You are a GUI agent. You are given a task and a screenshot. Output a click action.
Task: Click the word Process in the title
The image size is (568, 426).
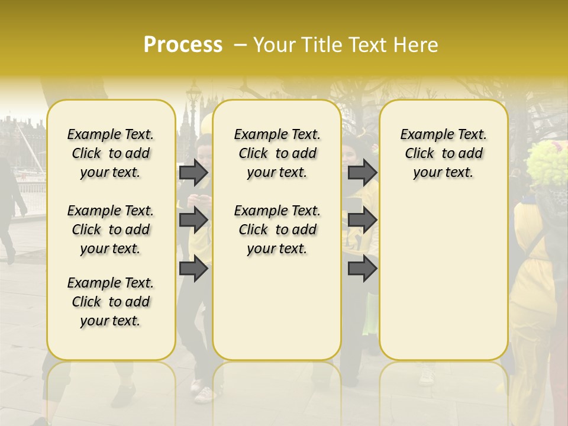point(183,45)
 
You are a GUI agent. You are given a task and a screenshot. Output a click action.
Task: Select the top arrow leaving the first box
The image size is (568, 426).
point(193,173)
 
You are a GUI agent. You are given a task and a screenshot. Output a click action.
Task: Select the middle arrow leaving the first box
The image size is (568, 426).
point(193,220)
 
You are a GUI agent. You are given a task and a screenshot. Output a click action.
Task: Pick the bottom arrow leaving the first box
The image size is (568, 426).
point(193,269)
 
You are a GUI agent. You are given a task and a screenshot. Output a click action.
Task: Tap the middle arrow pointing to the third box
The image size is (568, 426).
point(362,220)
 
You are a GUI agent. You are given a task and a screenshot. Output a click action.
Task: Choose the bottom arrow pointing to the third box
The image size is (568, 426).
point(362,269)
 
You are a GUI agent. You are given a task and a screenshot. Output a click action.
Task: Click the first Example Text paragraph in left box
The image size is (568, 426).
point(111,153)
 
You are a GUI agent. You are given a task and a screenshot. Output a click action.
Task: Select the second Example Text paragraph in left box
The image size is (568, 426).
point(111,230)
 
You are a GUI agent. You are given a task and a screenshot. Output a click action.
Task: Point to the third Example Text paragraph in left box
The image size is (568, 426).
point(111,302)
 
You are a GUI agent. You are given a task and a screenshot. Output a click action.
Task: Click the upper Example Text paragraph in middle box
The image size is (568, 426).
point(277,153)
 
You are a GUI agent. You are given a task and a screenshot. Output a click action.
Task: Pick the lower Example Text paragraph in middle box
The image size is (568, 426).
point(277,230)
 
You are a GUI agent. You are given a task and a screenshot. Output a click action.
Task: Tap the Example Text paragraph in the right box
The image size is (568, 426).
point(444,153)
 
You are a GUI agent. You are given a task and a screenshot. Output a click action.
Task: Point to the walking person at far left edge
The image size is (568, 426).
point(11,201)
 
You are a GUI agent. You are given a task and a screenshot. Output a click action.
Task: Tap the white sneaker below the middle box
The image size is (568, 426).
point(204,393)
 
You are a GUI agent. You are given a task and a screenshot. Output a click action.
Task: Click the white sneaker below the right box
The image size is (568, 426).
point(427,376)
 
